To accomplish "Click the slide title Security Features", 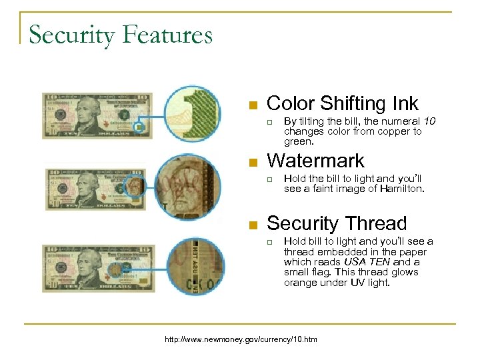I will pos(121,34).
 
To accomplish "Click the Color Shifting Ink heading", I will pos(342,103).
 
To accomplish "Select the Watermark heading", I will pos(315,161).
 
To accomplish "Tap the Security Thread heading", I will pos(336,223).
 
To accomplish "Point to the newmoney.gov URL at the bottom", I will pos(241,339).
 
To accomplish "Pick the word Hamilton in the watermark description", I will pos(401,189).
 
